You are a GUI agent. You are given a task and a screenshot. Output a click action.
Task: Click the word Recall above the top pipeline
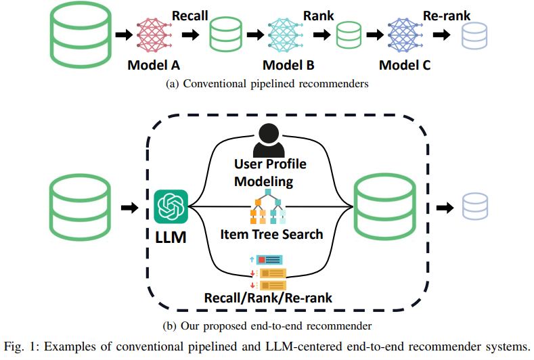click(190, 14)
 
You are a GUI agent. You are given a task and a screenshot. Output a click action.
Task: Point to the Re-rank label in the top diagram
click(446, 14)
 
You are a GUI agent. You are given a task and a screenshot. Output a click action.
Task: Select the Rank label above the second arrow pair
click(318, 14)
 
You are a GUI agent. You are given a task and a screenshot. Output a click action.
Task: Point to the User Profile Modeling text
click(270, 173)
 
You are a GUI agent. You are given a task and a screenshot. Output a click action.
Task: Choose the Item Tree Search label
click(271, 235)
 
